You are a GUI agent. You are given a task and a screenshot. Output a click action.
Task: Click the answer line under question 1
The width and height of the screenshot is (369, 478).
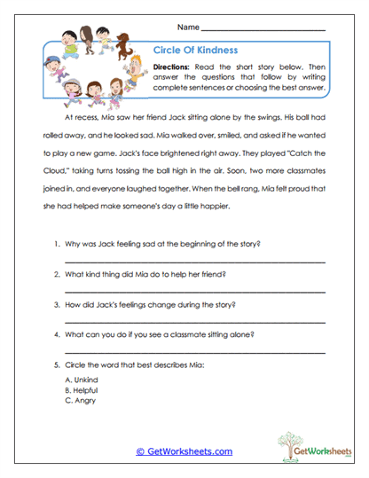(194, 263)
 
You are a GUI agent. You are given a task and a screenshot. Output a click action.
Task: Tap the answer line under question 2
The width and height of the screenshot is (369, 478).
(194, 293)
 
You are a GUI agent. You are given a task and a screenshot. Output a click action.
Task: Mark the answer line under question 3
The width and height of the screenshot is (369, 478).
(194, 323)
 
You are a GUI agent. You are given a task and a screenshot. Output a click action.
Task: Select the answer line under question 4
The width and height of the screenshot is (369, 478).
(194, 353)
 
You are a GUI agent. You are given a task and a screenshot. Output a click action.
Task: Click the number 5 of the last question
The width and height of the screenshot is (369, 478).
(56, 364)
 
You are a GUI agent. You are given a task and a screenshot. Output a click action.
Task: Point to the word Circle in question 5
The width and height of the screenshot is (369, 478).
(78, 364)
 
